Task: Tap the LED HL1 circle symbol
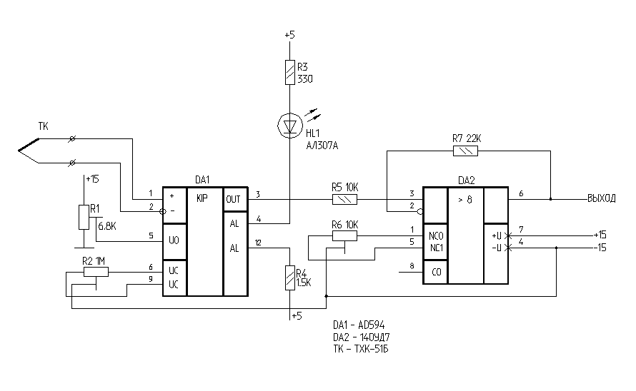[289, 126]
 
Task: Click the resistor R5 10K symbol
[345, 200]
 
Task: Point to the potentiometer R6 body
[345, 235]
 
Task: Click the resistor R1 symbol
[84, 217]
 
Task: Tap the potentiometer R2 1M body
[95, 271]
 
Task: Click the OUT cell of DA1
[234, 199]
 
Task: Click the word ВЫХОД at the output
[601, 200]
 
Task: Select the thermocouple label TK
[44, 127]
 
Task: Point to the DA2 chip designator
[466, 181]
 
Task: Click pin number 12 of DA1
[258, 243]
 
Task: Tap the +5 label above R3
[289, 34]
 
